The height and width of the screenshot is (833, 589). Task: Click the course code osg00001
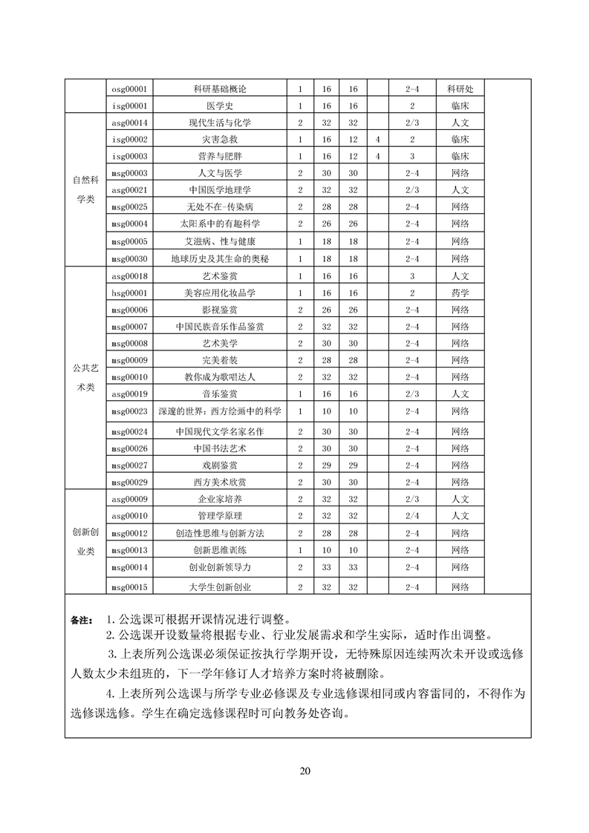tap(129, 88)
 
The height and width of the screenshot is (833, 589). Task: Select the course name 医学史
tap(219, 105)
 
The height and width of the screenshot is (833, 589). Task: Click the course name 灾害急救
tap(219, 139)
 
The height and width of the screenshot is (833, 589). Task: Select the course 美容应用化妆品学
tap(219, 293)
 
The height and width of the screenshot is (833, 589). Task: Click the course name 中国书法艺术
tap(219, 448)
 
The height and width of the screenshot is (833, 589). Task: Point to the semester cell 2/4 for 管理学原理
tap(414, 515)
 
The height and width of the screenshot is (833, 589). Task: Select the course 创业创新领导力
tap(219, 566)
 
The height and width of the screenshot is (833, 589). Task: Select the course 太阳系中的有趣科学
tap(219, 223)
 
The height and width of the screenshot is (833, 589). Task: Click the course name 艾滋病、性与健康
tap(219, 241)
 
